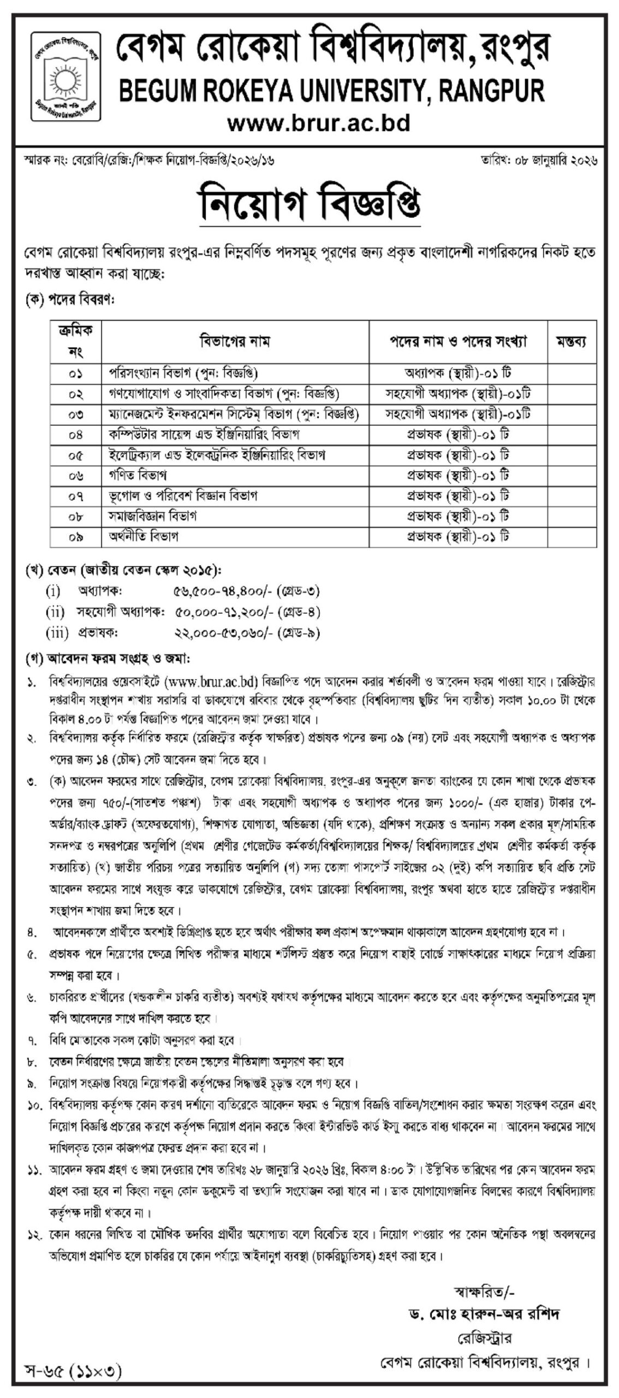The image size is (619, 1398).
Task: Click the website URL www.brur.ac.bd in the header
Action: click(x=318, y=123)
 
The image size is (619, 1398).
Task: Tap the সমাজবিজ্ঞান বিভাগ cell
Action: click(x=152, y=516)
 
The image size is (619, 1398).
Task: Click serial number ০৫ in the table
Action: click(x=76, y=455)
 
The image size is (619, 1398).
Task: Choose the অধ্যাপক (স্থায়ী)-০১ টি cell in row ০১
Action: click(x=457, y=374)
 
